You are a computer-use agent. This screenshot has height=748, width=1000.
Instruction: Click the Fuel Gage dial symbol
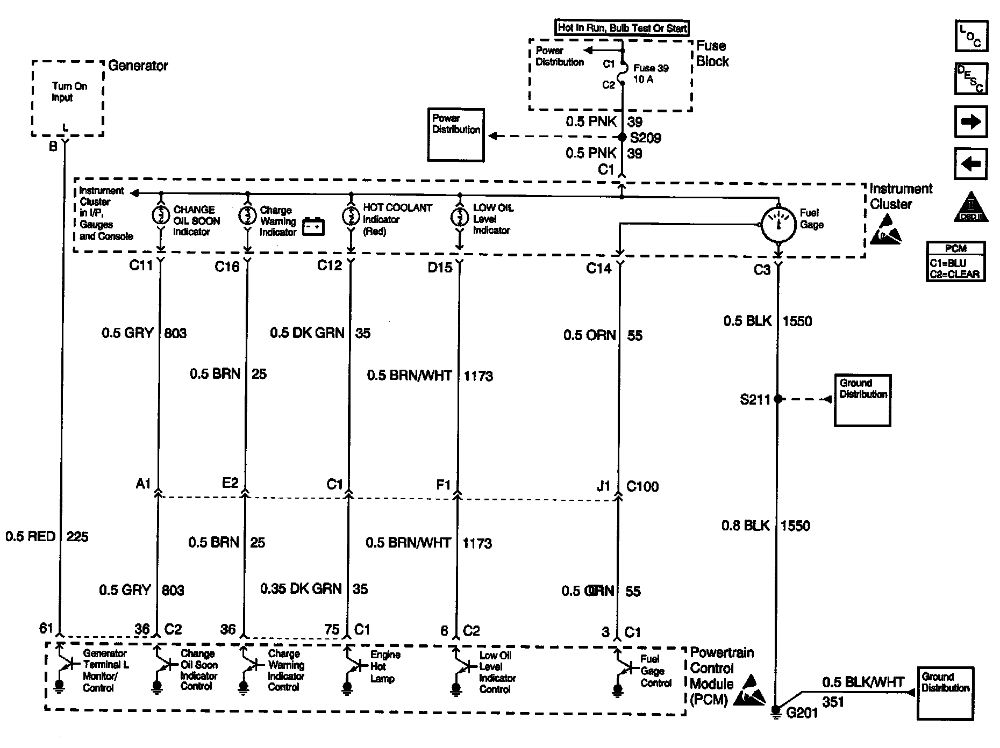pos(778,224)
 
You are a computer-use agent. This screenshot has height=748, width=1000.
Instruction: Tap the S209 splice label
pos(645,138)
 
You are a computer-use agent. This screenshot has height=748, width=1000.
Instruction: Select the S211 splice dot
pos(777,399)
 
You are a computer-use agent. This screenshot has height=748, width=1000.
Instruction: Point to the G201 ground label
pos(802,713)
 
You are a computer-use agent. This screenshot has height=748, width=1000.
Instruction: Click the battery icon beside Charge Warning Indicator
pos(313,227)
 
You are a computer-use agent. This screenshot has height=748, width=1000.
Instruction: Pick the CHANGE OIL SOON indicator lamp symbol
pos(160,215)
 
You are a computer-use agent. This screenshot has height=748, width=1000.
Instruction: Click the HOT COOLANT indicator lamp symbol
pos(350,216)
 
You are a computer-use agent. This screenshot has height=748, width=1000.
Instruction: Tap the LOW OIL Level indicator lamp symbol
pos(459,217)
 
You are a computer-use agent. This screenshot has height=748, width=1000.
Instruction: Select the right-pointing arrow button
pos(970,122)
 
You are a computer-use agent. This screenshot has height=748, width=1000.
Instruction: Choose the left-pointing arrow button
pos(970,163)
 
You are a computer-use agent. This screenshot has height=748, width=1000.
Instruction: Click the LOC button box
pos(971,36)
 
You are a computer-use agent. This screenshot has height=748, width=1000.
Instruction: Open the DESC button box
pos(971,78)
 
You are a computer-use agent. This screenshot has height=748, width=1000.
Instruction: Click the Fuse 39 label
pos(651,68)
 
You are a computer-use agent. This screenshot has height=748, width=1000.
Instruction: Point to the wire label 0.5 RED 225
pos(47,536)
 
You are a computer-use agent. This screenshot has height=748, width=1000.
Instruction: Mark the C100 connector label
pos(642,486)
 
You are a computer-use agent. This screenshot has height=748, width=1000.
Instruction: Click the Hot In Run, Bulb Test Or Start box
pos(622,28)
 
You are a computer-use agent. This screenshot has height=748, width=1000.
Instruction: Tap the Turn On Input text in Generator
pos(69,92)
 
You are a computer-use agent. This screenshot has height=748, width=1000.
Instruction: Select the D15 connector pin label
pos(440,267)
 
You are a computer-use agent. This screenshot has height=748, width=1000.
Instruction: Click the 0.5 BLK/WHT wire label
pos(863,682)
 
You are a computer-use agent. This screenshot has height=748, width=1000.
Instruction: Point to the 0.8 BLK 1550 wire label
pos(766,526)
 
